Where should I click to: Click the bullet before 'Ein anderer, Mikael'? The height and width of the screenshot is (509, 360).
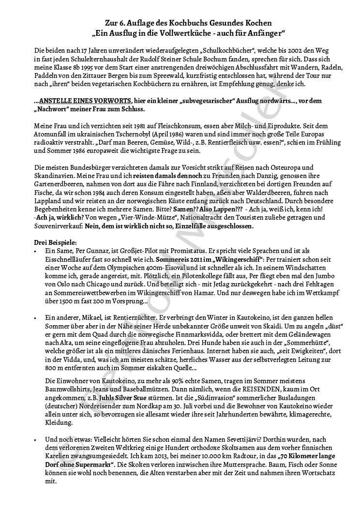tap(36, 317)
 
